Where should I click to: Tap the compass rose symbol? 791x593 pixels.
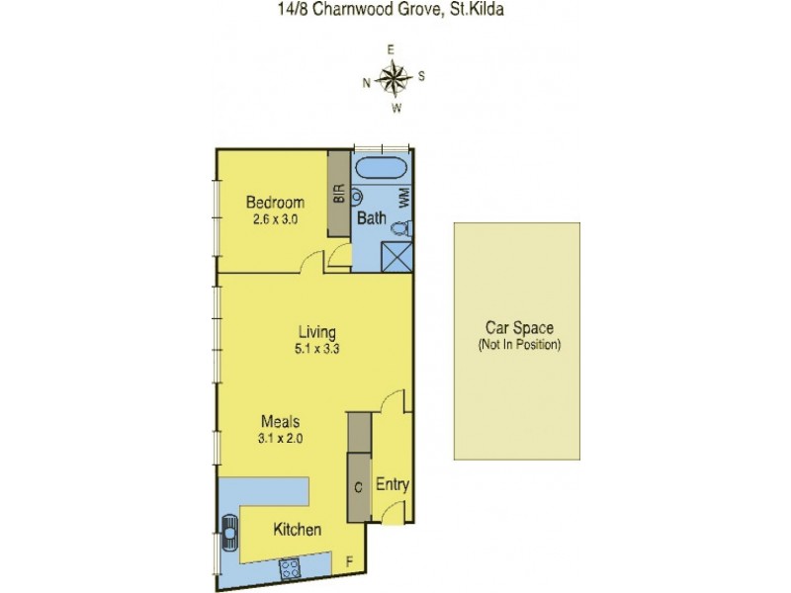coord(395,77)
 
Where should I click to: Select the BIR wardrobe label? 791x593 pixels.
coord(338,194)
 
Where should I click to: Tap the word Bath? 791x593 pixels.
coord(372,217)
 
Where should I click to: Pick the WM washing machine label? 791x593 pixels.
coord(403,199)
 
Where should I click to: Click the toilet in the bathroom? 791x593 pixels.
coord(399,229)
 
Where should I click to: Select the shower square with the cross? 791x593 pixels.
coord(395,256)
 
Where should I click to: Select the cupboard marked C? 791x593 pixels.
coord(358,487)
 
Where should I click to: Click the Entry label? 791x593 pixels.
coord(392,485)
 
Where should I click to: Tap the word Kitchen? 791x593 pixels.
coord(297,530)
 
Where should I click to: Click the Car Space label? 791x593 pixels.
coord(517,328)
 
